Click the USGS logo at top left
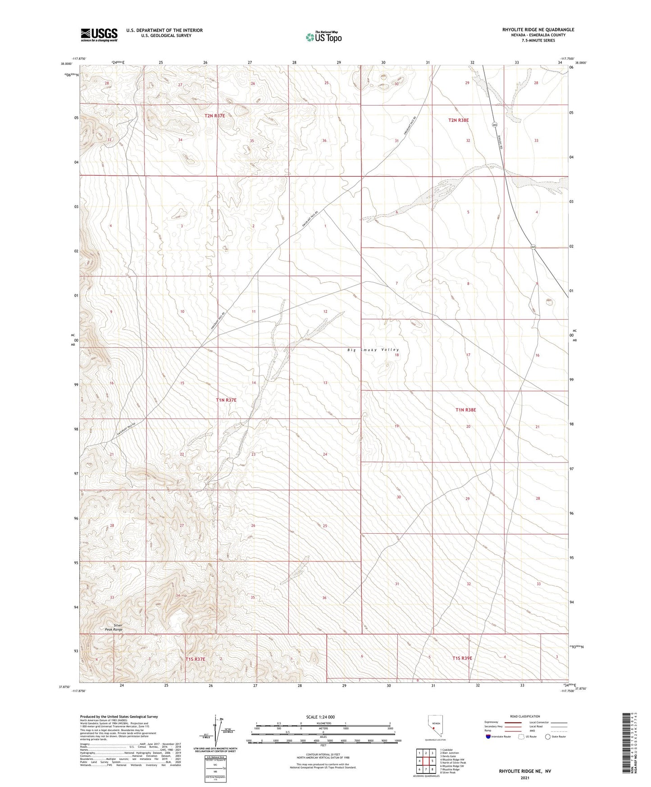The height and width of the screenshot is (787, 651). point(99,35)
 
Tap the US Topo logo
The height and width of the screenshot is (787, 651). point(323,37)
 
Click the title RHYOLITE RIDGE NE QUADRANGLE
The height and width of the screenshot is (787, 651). point(538,30)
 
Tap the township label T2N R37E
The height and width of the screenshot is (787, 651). point(214,116)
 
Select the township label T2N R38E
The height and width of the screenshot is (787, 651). point(459,120)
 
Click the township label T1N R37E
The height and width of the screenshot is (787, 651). point(226,400)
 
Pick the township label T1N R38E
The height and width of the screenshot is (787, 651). point(465,410)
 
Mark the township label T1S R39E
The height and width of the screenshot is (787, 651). point(462,658)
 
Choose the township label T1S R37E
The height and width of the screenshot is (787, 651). point(195,659)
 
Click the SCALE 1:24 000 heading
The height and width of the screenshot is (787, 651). point(320,717)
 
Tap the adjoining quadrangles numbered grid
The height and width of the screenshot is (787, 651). point(425,762)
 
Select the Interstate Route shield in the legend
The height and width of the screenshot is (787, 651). point(488,737)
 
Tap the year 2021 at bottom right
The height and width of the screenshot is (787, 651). point(524,778)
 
